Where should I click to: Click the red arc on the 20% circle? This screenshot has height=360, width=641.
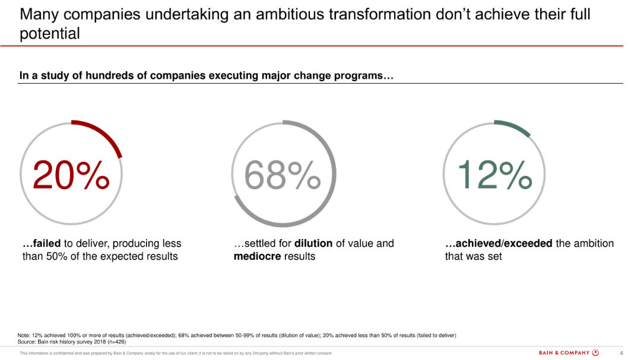[104, 133]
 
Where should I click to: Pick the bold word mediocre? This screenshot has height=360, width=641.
[258, 257]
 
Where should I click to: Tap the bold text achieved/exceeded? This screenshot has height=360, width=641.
[499, 244]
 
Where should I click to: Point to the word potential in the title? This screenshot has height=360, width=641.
[49, 34]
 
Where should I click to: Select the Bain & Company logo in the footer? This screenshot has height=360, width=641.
[568, 353]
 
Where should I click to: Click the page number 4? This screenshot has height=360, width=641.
[621, 353]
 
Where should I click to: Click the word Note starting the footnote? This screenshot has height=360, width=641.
[24, 336]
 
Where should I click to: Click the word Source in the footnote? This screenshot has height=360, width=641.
[27, 342]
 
